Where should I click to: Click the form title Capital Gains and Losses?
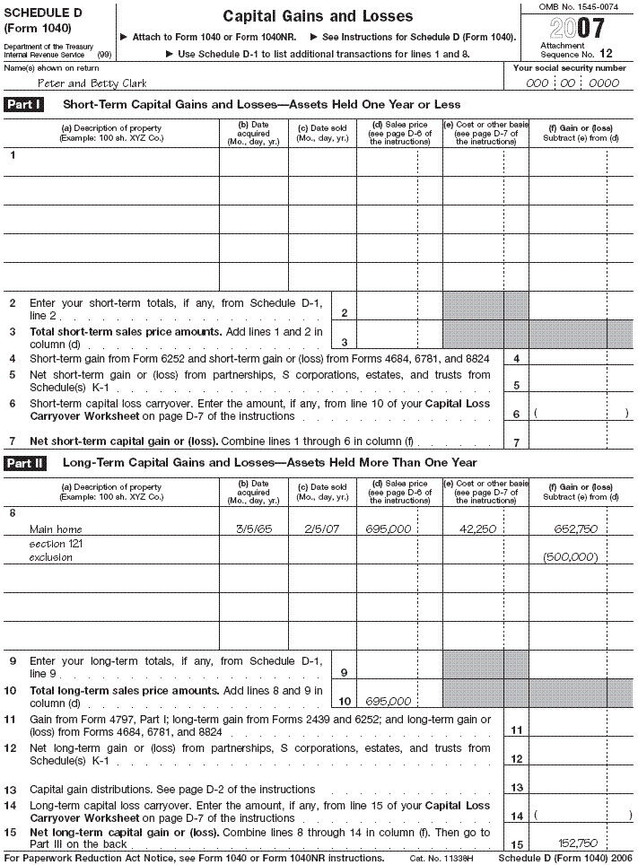[318, 16]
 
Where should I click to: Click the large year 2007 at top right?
[576, 28]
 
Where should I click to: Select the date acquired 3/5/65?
[254, 529]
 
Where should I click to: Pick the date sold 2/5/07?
[322, 529]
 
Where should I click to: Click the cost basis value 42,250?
[478, 529]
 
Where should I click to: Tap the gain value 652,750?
[571, 529]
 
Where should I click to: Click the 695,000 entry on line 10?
[389, 702]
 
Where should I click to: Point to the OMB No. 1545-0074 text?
[579, 6]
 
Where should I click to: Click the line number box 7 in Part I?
[516, 442]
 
